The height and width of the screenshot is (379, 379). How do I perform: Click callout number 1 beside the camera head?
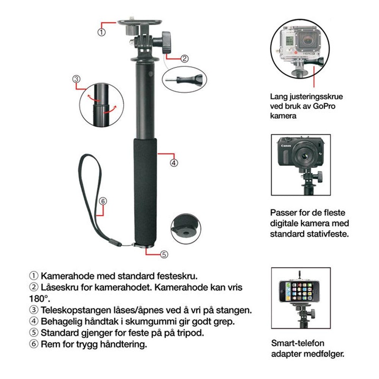pos(101,32)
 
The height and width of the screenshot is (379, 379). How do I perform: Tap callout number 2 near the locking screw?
pos(184,58)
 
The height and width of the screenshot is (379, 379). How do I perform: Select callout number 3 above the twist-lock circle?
pos(76,79)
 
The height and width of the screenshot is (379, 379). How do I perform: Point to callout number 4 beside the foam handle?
pos(174,163)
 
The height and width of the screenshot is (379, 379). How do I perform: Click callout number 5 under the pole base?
pos(164,254)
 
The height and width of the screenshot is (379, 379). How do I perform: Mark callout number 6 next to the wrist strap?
pos(103,201)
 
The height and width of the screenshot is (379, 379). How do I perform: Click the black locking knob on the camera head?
pos(167,43)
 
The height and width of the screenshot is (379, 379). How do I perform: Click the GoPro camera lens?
pos(307,39)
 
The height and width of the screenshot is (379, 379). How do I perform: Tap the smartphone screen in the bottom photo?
pos(299,291)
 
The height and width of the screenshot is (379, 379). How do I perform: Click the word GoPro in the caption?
pos(324,106)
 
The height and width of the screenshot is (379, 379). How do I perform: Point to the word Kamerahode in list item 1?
pos(68,276)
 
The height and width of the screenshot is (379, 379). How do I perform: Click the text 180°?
pos(40,299)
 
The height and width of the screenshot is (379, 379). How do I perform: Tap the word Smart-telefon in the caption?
pos(298,343)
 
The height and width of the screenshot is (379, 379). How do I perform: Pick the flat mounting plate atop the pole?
pos(140,22)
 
